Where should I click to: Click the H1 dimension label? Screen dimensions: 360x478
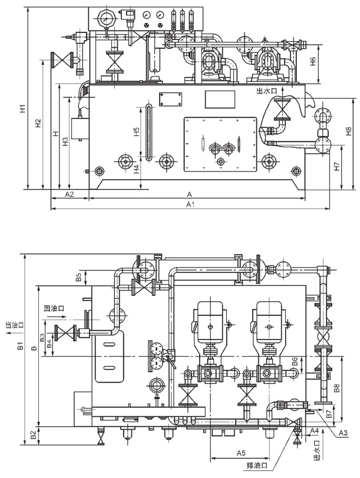click(23, 108)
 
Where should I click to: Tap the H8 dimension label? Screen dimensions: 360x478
click(349, 131)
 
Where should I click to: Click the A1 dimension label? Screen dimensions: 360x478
click(190, 205)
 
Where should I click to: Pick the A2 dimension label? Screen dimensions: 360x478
click(70, 194)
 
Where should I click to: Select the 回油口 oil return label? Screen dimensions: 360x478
click(54, 308)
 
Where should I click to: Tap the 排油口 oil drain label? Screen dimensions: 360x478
click(257, 466)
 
